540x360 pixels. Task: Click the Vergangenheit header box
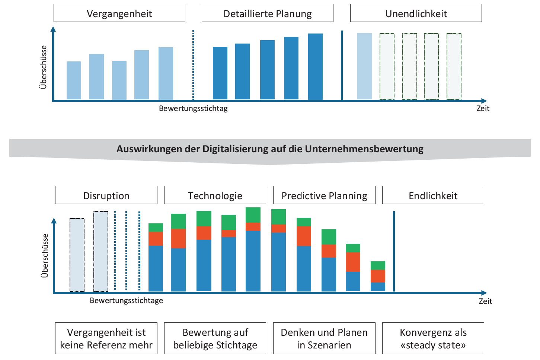tap(119, 13)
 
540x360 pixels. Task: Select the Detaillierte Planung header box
tap(267, 13)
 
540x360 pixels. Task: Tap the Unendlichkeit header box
tap(416, 13)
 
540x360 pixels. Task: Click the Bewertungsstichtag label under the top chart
tap(193, 108)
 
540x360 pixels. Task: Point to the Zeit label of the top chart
tap(483, 108)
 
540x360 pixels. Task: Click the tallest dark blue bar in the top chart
tap(315, 66)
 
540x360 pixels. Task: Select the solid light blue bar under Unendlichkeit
tap(364, 66)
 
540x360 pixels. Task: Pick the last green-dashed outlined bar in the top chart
tap(454, 66)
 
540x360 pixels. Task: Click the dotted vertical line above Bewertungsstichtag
tap(194, 65)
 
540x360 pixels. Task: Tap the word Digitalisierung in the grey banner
tap(235, 149)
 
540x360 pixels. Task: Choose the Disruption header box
tap(106, 195)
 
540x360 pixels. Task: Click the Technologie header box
tap(215, 195)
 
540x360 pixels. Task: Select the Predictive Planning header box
tap(324, 195)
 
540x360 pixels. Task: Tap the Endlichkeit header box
tap(433, 195)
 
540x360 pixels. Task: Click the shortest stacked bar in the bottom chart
tap(378, 276)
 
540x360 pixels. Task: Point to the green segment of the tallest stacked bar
tap(253, 215)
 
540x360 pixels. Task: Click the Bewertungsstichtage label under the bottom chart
tap(126, 301)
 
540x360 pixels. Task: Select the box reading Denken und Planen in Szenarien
tap(324, 338)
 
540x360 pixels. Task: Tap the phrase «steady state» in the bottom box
tap(433, 345)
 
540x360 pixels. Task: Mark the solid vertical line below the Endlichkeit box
tap(394, 251)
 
